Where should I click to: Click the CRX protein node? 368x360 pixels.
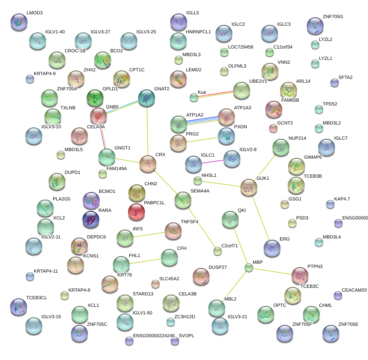pyautogui.click(x=148, y=163)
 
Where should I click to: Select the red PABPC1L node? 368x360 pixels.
pyautogui.click(x=136, y=212)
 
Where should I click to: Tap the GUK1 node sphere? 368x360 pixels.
pyautogui.click(x=249, y=187)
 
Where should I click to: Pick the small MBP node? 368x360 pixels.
pyautogui.click(x=249, y=268)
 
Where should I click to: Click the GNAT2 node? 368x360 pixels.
pyautogui.click(x=147, y=98)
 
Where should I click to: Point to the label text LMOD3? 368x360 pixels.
pyautogui.click(x=34, y=13)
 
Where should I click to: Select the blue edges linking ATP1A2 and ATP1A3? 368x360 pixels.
pyautogui.click(x=202, y=120)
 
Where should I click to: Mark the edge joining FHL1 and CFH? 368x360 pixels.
pyautogui.click(x=146, y=261)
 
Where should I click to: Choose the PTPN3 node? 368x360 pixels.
pyautogui.click(x=300, y=275)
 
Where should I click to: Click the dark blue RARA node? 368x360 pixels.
pyautogui.click(x=91, y=219)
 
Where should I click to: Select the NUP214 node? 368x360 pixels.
pyautogui.click(x=281, y=147)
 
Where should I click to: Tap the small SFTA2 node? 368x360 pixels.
pyautogui.click(x=335, y=83)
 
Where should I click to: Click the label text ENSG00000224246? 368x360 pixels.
pyautogui.click(x=154, y=336)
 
